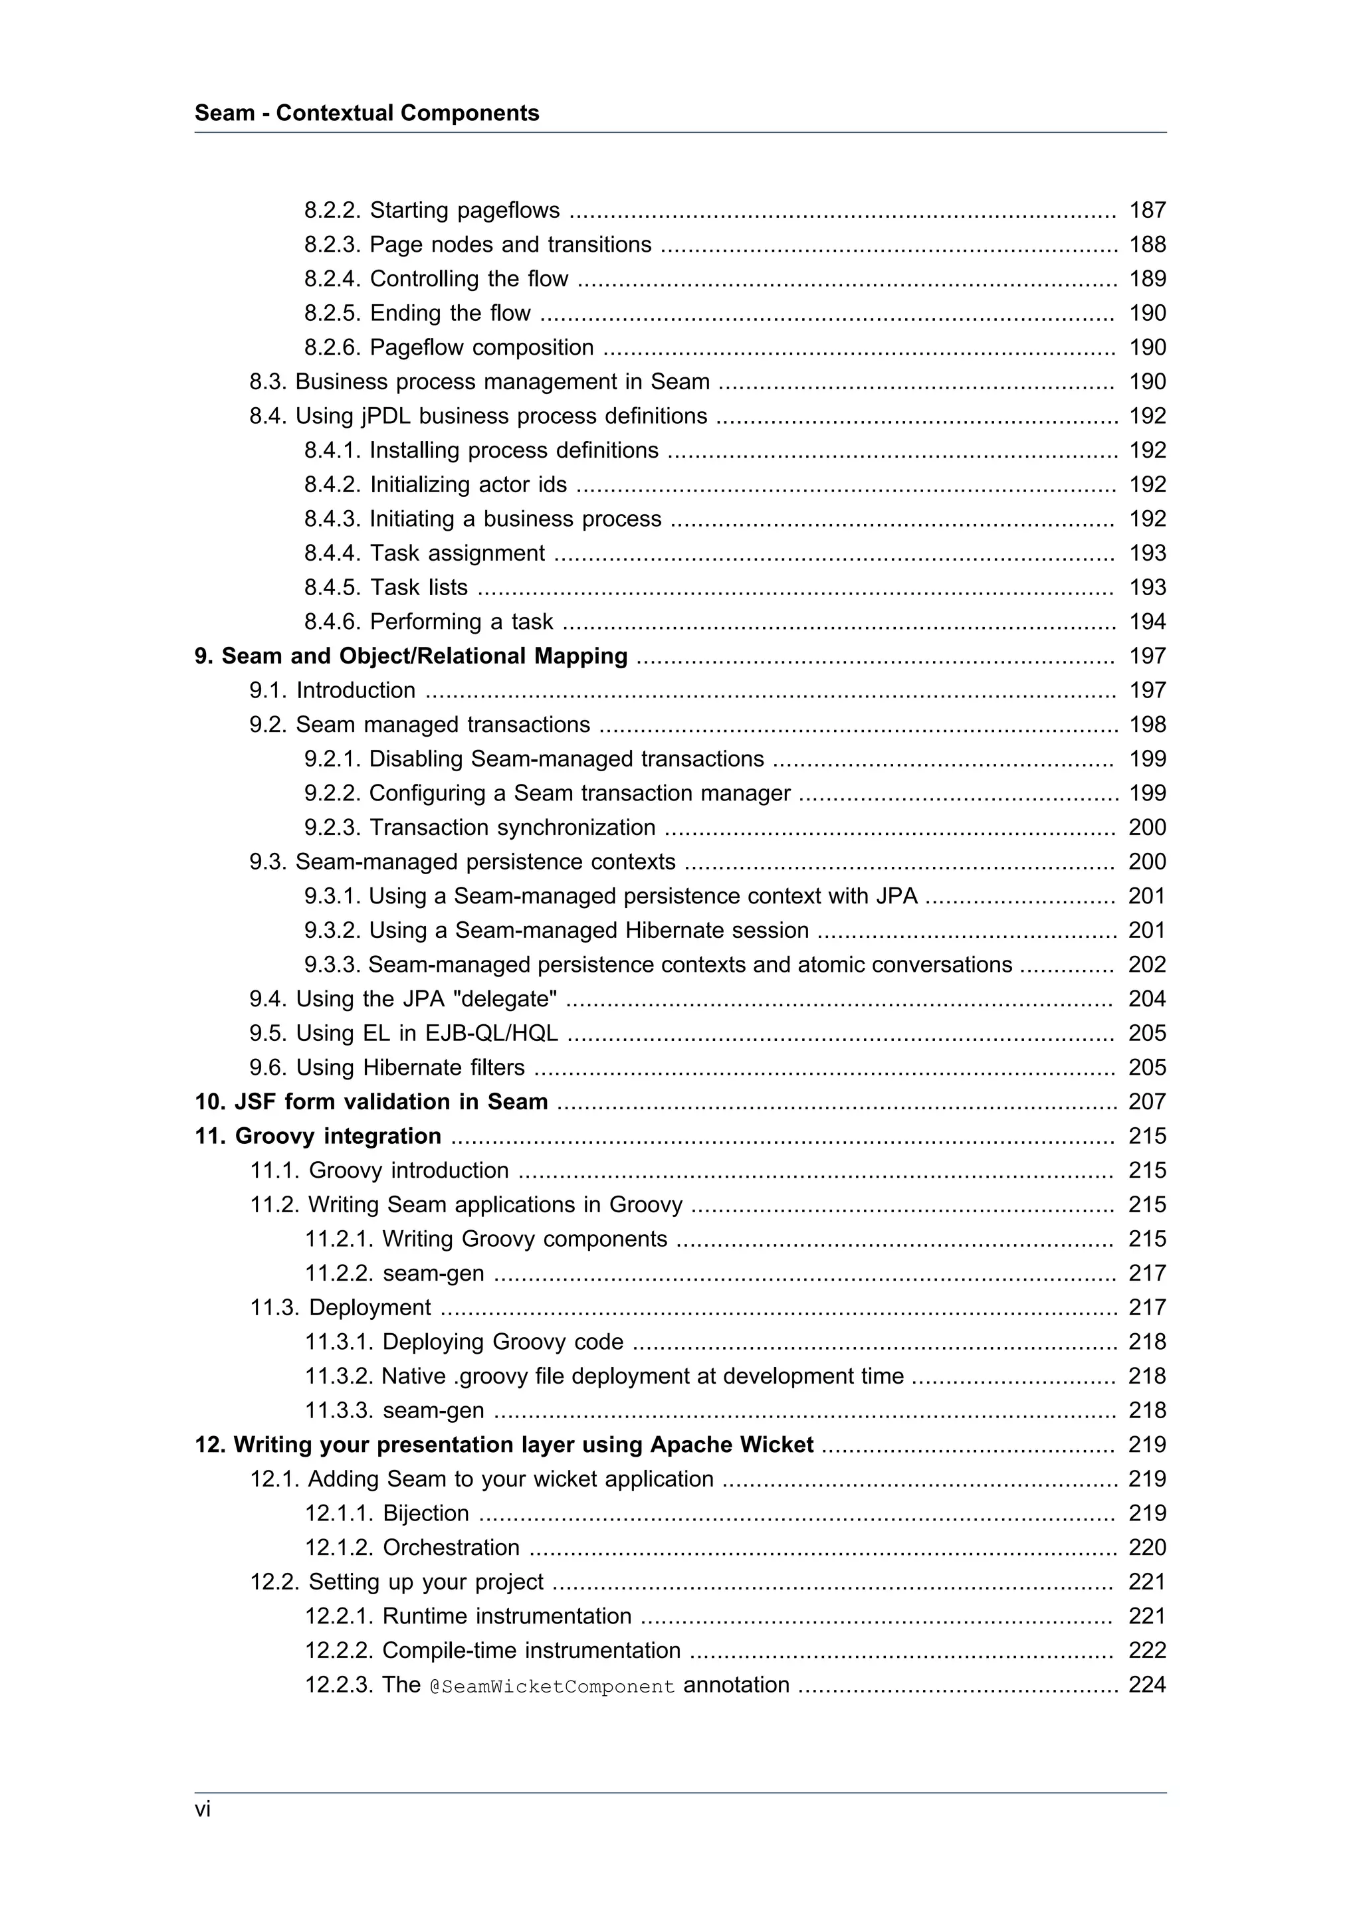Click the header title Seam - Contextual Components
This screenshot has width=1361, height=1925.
click(x=366, y=113)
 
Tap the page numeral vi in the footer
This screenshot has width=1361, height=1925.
click(x=203, y=1809)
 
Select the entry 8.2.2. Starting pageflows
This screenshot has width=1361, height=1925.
click(x=432, y=210)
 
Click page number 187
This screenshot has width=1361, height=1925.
click(x=1147, y=210)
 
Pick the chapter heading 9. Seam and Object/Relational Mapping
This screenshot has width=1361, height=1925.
click(x=411, y=656)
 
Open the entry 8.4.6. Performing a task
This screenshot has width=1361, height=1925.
click(x=429, y=621)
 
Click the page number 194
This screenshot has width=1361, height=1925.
click(x=1147, y=621)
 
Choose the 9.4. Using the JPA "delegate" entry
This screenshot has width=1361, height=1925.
click(x=403, y=998)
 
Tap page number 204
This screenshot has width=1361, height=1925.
click(x=1147, y=998)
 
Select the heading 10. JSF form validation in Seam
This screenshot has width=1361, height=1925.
click(x=371, y=1102)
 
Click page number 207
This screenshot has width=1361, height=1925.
click(x=1147, y=1102)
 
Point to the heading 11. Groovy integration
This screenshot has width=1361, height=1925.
click(x=318, y=1136)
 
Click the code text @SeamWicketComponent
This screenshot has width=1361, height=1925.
click(x=552, y=1686)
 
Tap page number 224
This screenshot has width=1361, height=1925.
click(x=1147, y=1685)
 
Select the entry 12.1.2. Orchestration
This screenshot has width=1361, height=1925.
click(x=412, y=1548)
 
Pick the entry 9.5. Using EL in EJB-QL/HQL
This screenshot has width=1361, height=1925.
click(x=403, y=1033)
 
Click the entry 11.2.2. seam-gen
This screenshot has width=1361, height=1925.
click(x=394, y=1273)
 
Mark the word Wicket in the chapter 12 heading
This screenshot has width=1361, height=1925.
click(x=776, y=1445)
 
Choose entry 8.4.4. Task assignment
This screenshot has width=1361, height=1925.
click(x=425, y=553)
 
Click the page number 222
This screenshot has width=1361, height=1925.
click(x=1147, y=1650)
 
